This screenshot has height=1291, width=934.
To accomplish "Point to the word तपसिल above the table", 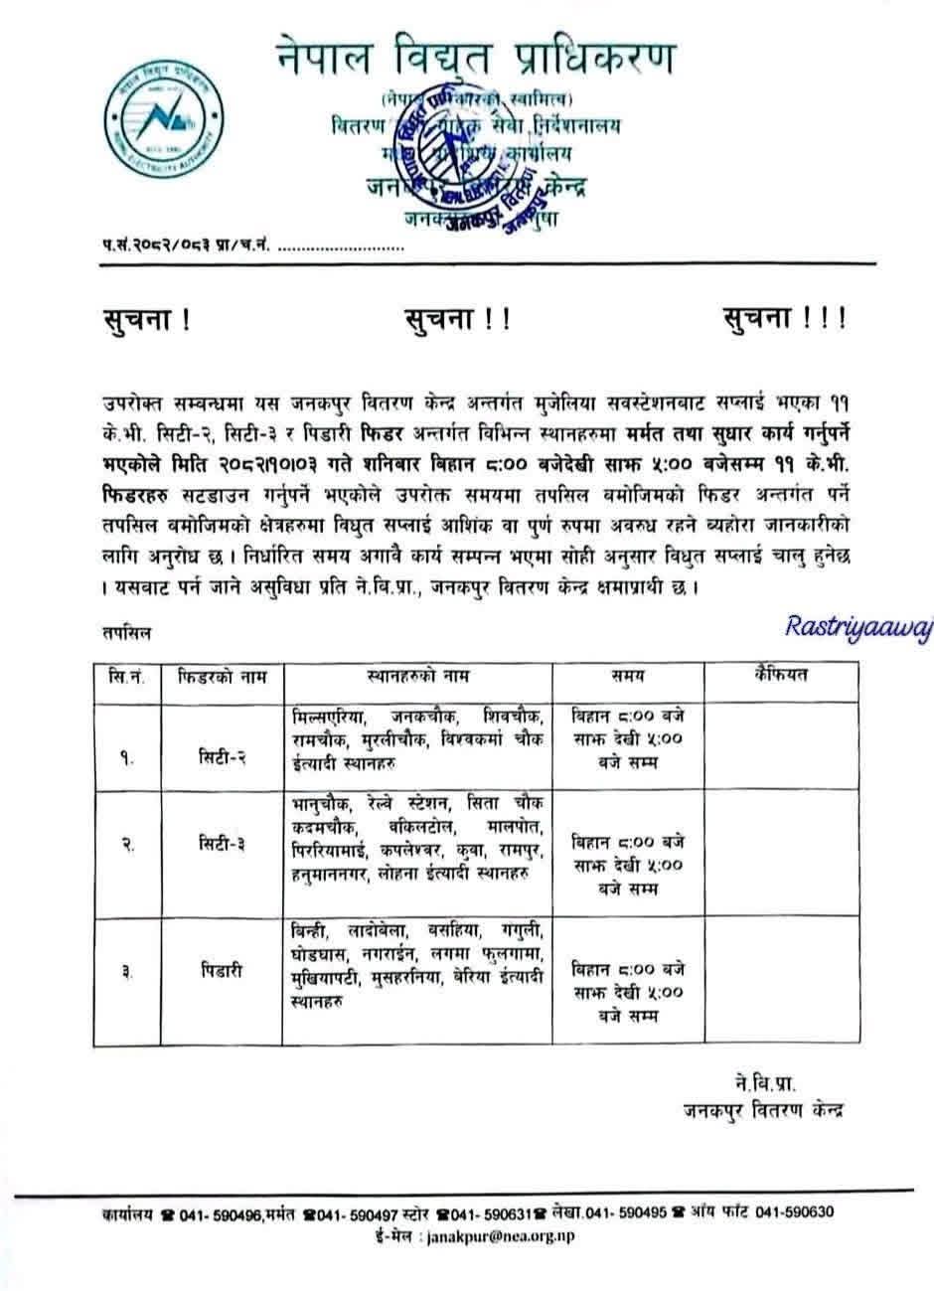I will [x=125, y=630].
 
